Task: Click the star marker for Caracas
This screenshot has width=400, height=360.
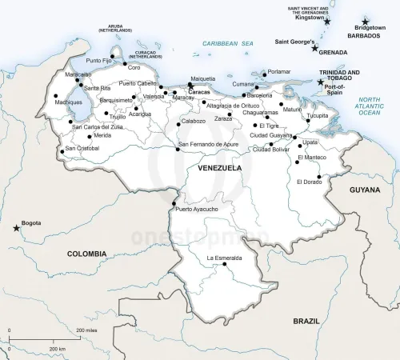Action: tap(190, 86)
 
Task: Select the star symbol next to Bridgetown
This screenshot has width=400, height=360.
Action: tap(366, 22)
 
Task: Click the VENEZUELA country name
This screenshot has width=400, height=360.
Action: tap(219, 169)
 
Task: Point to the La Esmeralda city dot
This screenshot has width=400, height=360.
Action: tap(225, 265)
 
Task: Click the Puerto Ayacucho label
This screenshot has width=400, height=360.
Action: tap(196, 209)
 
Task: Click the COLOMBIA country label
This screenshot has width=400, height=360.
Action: tap(86, 253)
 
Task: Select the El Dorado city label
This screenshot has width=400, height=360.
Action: tap(310, 182)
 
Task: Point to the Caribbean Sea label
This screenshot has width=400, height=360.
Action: tap(227, 43)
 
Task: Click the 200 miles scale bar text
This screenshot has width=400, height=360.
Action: tap(86, 330)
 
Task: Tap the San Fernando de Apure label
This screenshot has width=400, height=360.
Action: tap(208, 144)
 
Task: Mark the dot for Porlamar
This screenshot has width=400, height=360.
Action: tap(265, 71)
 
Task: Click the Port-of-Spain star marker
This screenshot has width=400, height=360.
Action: tap(321, 82)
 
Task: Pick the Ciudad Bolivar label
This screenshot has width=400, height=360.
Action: tap(270, 149)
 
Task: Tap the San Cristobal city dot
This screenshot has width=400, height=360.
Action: tap(62, 151)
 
